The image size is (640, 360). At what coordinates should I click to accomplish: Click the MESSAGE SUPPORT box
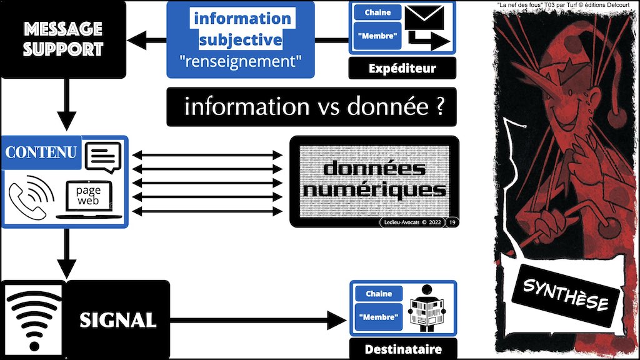[x=62, y=39]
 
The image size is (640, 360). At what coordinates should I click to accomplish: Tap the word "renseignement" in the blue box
[x=240, y=62]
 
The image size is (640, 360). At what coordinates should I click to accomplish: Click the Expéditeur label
[x=401, y=67]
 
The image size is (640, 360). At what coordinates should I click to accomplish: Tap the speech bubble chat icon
[x=103, y=157]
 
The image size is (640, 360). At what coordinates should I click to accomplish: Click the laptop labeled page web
[x=89, y=198]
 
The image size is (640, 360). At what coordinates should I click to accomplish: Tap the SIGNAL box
[x=117, y=321]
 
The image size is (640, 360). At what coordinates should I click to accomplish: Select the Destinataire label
[x=402, y=349]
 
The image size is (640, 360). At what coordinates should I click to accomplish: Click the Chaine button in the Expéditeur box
[x=378, y=12]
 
